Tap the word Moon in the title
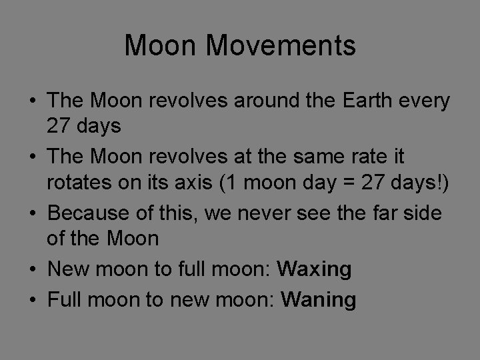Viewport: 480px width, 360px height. [x=156, y=46]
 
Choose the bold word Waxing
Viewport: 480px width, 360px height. [x=315, y=270]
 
